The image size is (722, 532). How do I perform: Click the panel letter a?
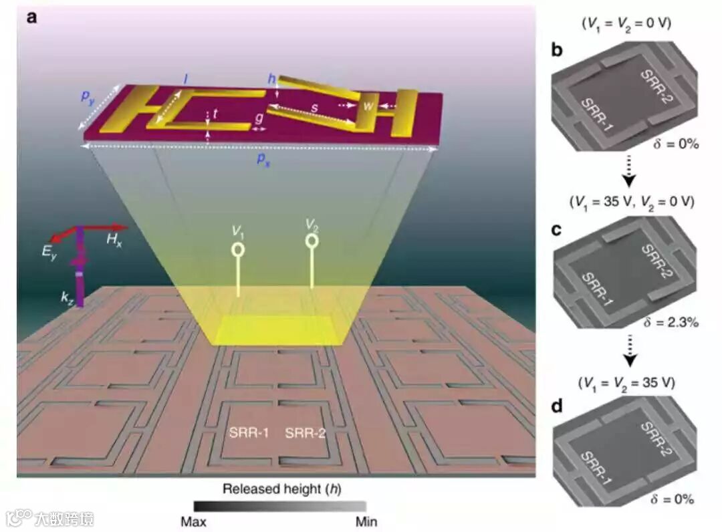click(31, 17)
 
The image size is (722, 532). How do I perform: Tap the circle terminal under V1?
click(237, 249)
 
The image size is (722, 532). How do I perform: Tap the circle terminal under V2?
click(312, 240)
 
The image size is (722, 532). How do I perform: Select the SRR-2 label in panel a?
click(306, 433)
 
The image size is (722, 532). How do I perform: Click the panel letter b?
click(556, 51)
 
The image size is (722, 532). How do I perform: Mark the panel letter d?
click(556, 406)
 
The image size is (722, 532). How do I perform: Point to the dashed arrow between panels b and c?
click(629, 170)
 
